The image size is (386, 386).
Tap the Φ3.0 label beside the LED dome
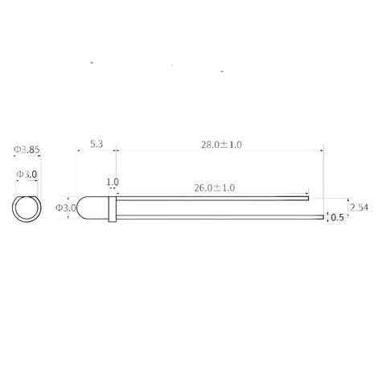pos(65,208)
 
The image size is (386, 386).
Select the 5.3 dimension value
pos(96,144)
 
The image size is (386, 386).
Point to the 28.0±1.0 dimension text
pos(221,144)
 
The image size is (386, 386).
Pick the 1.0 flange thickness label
pos(112,183)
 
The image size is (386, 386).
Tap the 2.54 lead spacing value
pos(361,207)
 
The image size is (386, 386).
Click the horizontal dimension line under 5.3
pos(96,150)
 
